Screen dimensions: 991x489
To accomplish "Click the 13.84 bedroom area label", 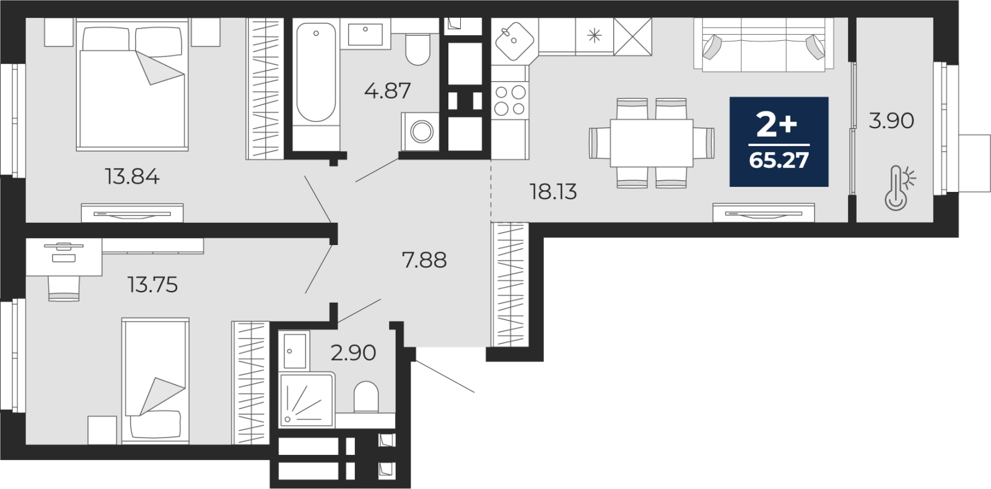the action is tap(132, 177).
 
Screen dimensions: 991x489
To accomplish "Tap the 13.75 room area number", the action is tap(152, 285).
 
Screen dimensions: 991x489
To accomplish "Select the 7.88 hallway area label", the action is tap(424, 260).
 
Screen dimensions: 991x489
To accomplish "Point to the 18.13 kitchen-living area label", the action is tap(554, 192).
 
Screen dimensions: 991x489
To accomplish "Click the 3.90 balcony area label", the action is tap(891, 121).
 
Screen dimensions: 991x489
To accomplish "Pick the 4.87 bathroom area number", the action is tap(388, 90).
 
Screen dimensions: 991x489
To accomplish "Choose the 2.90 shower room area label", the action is tap(353, 353).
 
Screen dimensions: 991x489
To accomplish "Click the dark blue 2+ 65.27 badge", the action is tap(779, 142).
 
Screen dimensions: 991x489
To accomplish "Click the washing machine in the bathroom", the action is tap(421, 131).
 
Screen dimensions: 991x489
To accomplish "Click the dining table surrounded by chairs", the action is tap(652, 143).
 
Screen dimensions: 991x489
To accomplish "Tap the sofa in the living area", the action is tap(764, 44).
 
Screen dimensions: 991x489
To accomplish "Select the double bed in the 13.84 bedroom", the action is tap(133, 84).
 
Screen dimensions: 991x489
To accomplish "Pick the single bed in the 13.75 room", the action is tap(155, 381).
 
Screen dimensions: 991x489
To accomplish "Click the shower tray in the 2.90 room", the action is tap(307, 400).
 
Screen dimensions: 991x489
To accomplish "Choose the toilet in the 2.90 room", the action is tap(366, 397).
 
